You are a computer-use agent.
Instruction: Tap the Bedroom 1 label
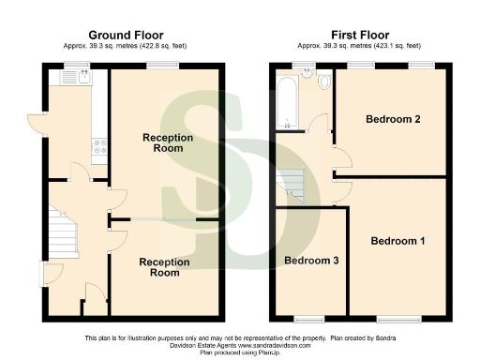tap(397, 242)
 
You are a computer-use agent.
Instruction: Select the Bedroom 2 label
tap(392, 120)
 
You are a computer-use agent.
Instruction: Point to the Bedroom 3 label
tap(310, 260)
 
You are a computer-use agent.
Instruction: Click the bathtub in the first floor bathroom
tap(287, 102)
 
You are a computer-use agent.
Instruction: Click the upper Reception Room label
tap(168, 143)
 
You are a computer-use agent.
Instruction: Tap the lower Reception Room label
tap(164, 267)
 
